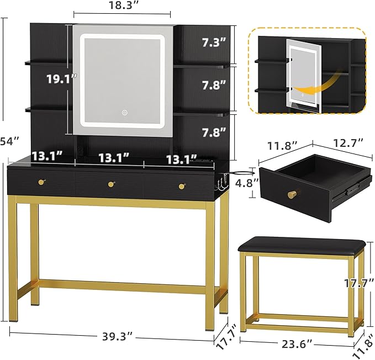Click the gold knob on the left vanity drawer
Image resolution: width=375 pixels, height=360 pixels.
[41, 182]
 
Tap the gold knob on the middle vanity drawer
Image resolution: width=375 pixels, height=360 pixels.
[111, 184]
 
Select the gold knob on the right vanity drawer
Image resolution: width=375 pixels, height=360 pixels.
[181, 186]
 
